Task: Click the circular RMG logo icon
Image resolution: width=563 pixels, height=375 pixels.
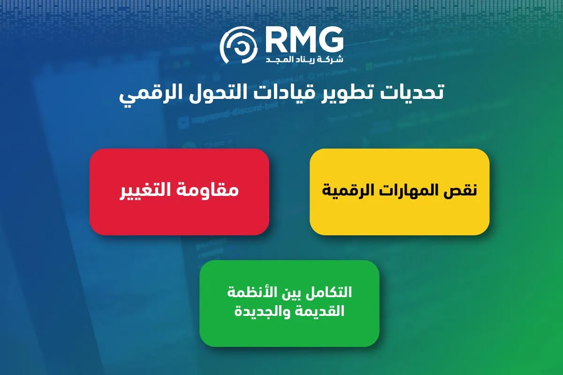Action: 238,45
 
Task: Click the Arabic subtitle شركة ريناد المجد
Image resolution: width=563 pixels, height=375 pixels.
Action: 304,59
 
